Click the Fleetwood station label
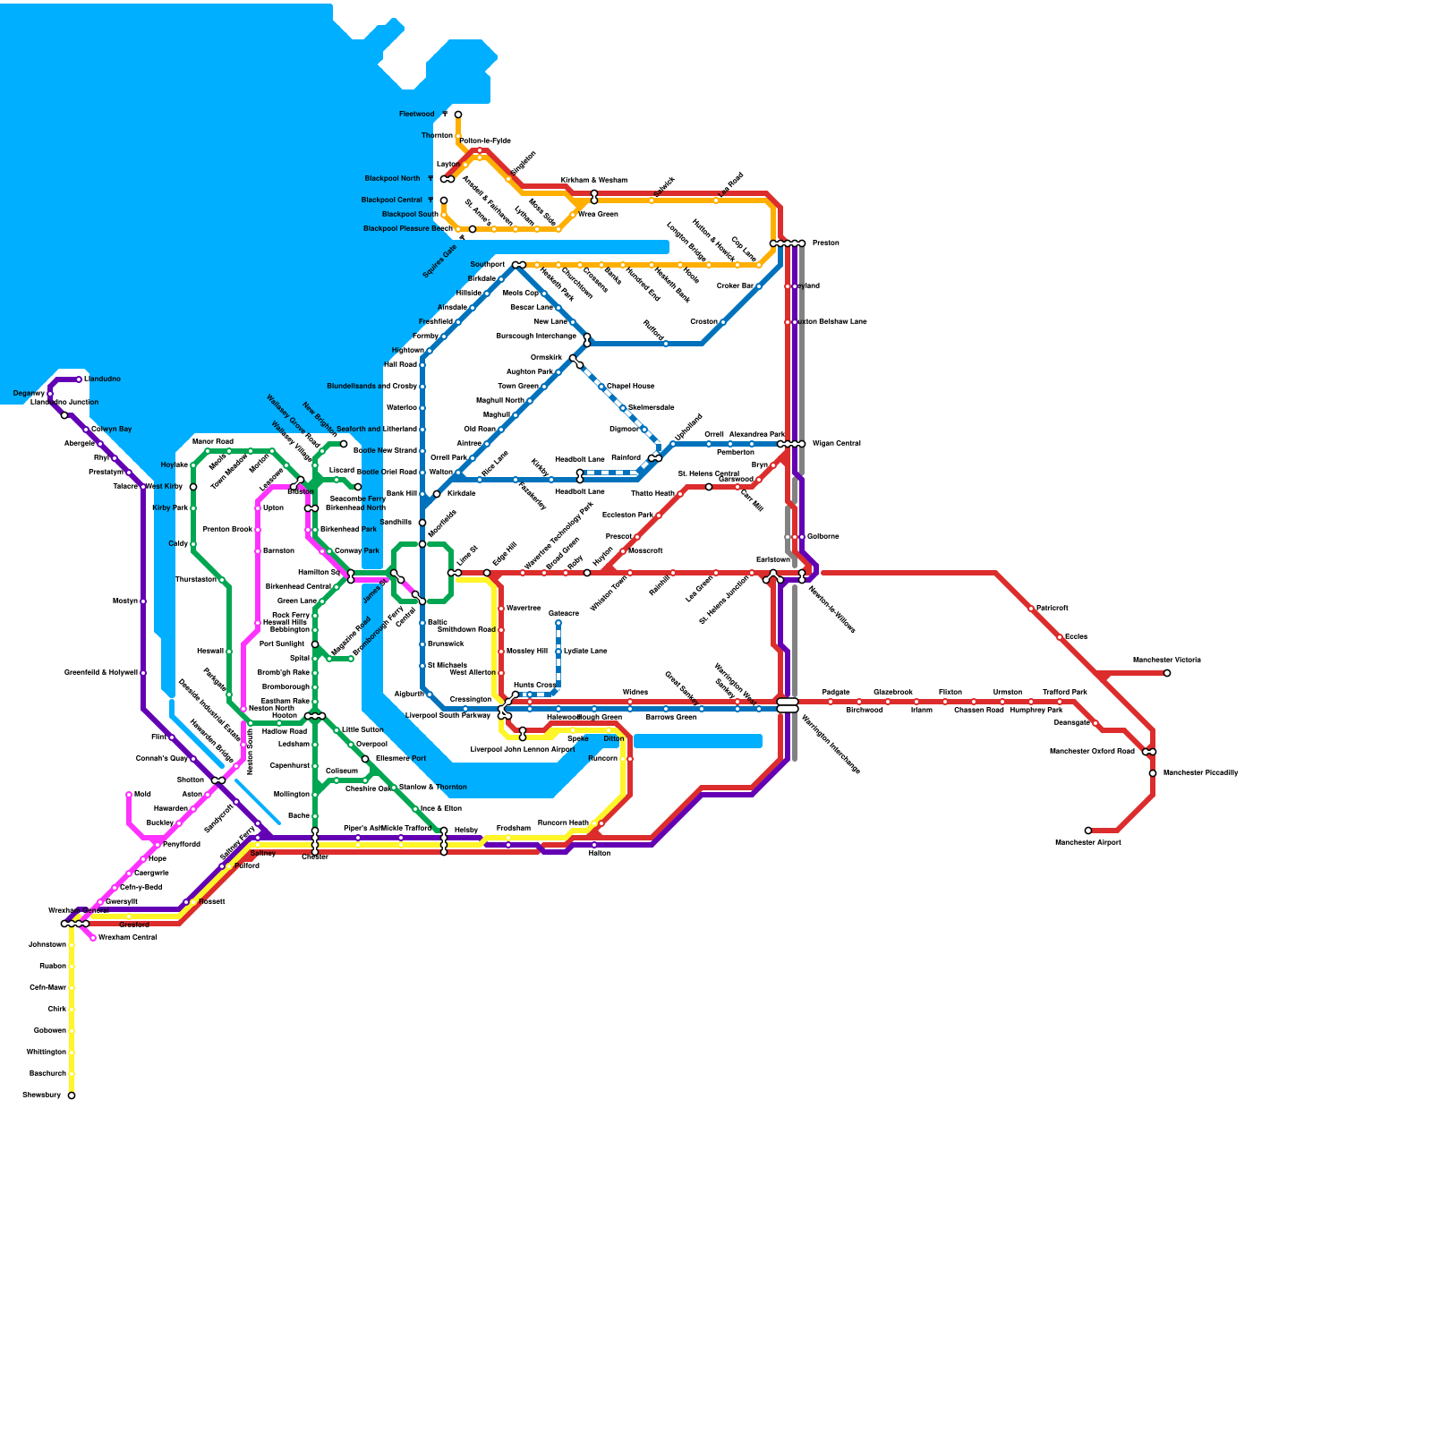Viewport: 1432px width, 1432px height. pyautogui.click(x=416, y=115)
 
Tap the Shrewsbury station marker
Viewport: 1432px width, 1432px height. pyautogui.click(x=72, y=1095)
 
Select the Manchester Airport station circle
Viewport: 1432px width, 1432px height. pyautogui.click(x=1088, y=831)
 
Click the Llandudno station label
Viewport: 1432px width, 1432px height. pyautogui.click(x=102, y=379)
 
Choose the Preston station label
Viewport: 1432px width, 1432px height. pyautogui.click(x=825, y=243)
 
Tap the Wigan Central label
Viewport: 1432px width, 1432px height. pyautogui.click(x=836, y=444)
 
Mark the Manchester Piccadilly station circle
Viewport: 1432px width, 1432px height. pyautogui.click(x=1153, y=773)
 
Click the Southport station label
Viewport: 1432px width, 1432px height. pyautogui.click(x=488, y=265)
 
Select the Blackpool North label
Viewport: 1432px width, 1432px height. pyautogui.click(x=392, y=179)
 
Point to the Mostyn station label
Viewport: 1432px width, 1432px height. pyautogui.click(x=125, y=601)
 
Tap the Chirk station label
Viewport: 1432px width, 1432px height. pyautogui.click(x=56, y=1010)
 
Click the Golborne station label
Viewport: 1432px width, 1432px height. pyautogui.click(x=823, y=537)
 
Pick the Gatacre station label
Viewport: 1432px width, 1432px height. pyautogui.click(x=564, y=614)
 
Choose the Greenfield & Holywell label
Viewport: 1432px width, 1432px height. pyautogui.click(x=100, y=673)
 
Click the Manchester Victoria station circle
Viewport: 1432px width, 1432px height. pyautogui.click(x=1167, y=673)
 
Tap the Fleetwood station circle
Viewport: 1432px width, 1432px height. pyautogui.click(x=458, y=115)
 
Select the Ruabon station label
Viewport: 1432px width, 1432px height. pyautogui.click(x=52, y=967)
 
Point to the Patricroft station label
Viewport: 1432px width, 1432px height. pyautogui.click(x=1052, y=609)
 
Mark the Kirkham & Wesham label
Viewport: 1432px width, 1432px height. pyautogui.click(x=594, y=181)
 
